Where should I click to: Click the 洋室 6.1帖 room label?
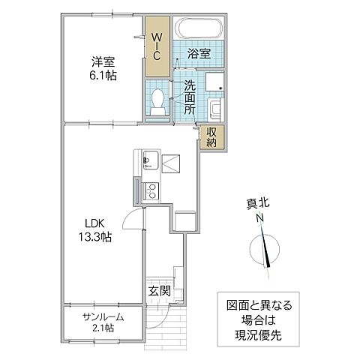point(103,68)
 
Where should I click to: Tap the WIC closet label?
point(157,45)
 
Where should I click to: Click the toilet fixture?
point(158,102)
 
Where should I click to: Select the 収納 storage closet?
point(212,138)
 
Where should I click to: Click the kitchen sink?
point(147,160)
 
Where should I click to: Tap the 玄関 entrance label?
point(157,289)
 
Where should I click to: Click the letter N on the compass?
point(259,218)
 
